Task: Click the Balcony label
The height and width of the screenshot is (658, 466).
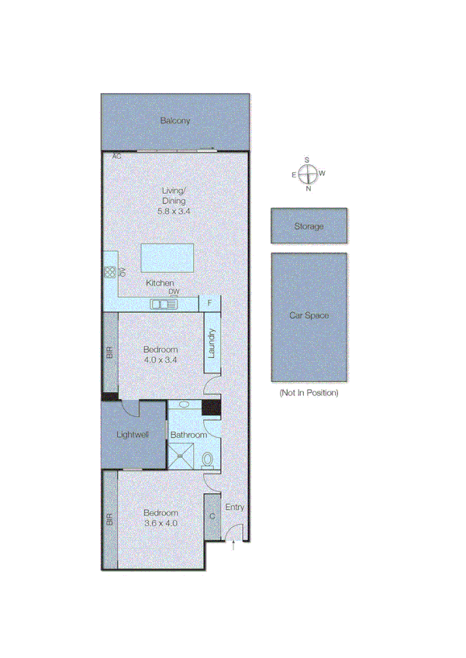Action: tap(175, 121)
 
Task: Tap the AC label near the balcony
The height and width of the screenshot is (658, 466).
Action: tap(117, 157)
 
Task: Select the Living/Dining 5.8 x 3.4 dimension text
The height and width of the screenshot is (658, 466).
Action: tap(174, 211)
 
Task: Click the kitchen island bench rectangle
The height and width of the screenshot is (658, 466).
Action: tap(166, 256)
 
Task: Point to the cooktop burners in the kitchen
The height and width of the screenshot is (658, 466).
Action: tap(109, 272)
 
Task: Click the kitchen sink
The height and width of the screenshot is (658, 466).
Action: tap(164, 304)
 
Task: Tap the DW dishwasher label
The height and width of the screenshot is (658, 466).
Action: tap(174, 292)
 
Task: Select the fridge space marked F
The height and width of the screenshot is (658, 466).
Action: tap(210, 303)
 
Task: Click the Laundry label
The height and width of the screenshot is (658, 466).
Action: tap(210, 343)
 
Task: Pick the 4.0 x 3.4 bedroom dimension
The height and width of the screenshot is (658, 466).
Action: tap(161, 360)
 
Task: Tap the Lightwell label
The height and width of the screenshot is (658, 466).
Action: tap(132, 435)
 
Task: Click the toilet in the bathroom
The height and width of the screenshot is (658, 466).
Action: tap(208, 460)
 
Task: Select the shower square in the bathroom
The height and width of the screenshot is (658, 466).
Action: tap(180, 456)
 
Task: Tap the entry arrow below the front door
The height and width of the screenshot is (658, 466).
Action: tap(235, 547)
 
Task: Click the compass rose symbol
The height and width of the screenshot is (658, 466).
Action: tap(307, 174)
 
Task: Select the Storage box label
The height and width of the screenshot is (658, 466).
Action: tap(309, 226)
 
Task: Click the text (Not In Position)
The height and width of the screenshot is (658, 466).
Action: tap(309, 393)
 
